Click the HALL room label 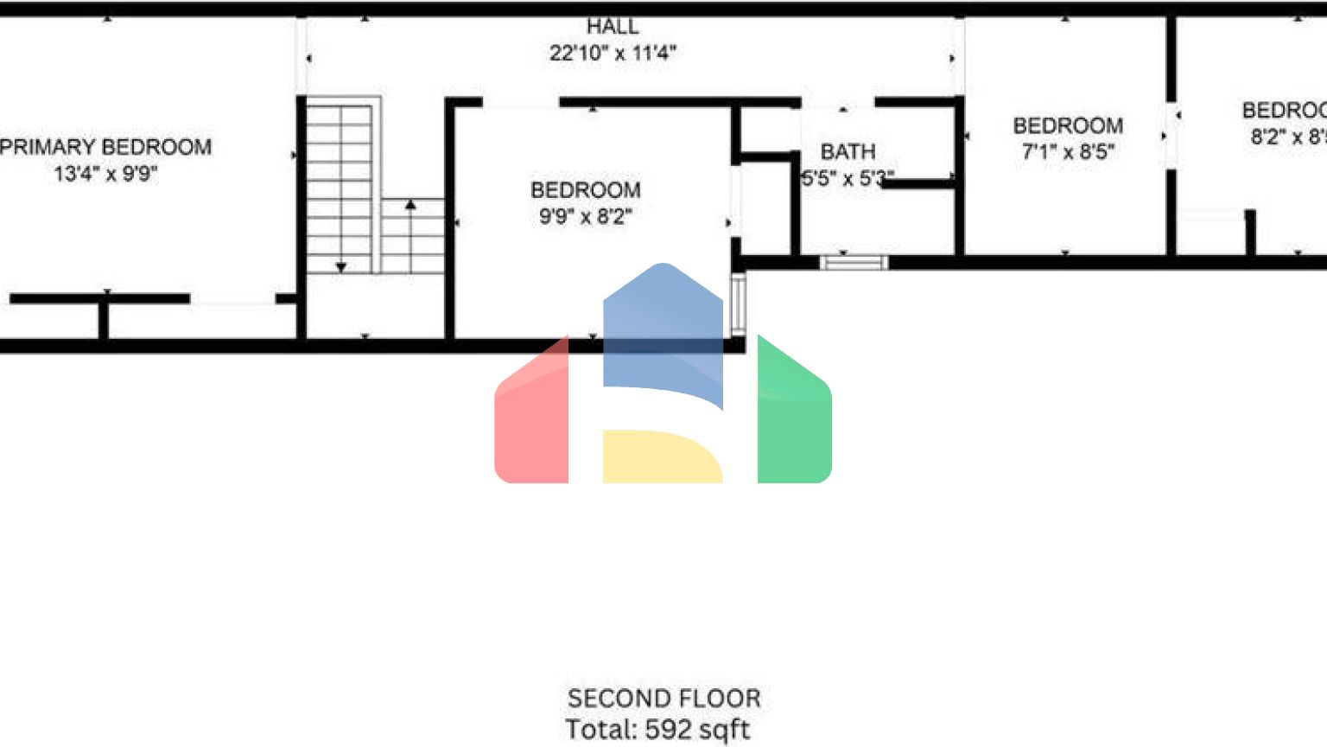click(613, 27)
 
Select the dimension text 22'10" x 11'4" click(613, 53)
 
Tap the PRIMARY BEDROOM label click(105, 147)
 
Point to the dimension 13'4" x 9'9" click(105, 174)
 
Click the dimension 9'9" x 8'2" click(586, 216)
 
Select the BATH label click(848, 152)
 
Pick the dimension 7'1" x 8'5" click(1068, 152)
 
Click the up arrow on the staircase click(410, 206)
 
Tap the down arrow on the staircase click(341, 267)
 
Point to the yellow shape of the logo click(661, 456)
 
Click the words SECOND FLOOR click(663, 698)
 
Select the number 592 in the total click(668, 729)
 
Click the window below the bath click(854, 262)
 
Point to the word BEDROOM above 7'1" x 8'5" click(1068, 126)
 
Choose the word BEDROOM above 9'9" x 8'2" click(586, 190)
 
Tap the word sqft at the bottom click(725, 730)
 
